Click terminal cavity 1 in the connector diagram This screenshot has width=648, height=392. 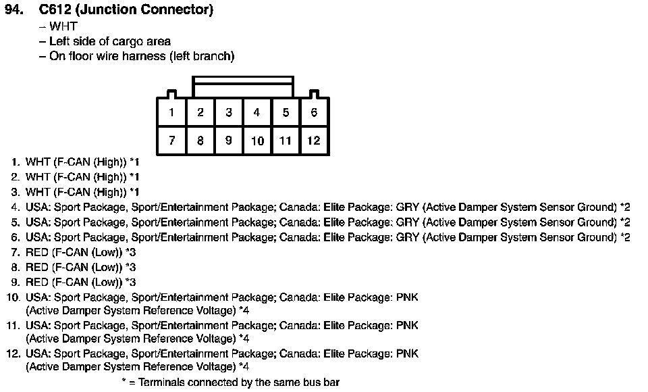[x=171, y=112]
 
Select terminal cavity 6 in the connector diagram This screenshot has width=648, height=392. [x=314, y=112]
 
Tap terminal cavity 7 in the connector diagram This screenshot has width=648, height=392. [x=171, y=141]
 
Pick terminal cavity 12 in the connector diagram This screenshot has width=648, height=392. [x=314, y=141]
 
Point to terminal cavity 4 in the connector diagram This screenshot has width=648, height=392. [x=257, y=112]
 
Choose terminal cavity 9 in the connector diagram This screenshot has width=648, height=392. [x=229, y=141]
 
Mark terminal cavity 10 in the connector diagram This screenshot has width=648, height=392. [x=257, y=141]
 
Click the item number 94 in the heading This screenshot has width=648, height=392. [x=14, y=9]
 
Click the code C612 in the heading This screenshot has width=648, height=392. [x=55, y=9]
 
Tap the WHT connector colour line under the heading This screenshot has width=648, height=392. [x=63, y=26]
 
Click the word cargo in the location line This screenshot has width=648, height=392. [x=128, y=42]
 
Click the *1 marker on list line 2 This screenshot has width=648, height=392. [x=134, y=177]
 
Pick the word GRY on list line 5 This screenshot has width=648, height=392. [x=408, y=222]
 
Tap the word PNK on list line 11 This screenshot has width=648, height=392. [x=407, y=325]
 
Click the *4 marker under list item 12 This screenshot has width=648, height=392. [x=244, y=366]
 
